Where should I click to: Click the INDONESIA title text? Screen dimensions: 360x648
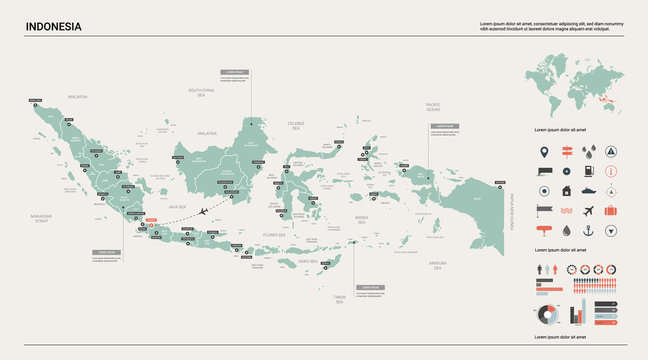[x=54, y=26]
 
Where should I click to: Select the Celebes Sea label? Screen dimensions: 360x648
[x=296, y=125]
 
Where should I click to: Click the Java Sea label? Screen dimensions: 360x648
[x=177, y=206]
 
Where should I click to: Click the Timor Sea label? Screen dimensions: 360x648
[x=339, y=299]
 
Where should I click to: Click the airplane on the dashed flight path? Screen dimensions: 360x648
[x=206, y=211]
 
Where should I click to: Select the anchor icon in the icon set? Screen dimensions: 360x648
[x=589, y=230]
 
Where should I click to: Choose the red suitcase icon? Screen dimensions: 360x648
[x=611, y=210]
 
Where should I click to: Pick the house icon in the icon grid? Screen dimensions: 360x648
[x=566, y=190]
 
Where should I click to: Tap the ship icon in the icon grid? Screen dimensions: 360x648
[x=589, y=190]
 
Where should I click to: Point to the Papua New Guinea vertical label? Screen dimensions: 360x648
[x=511, y=212]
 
